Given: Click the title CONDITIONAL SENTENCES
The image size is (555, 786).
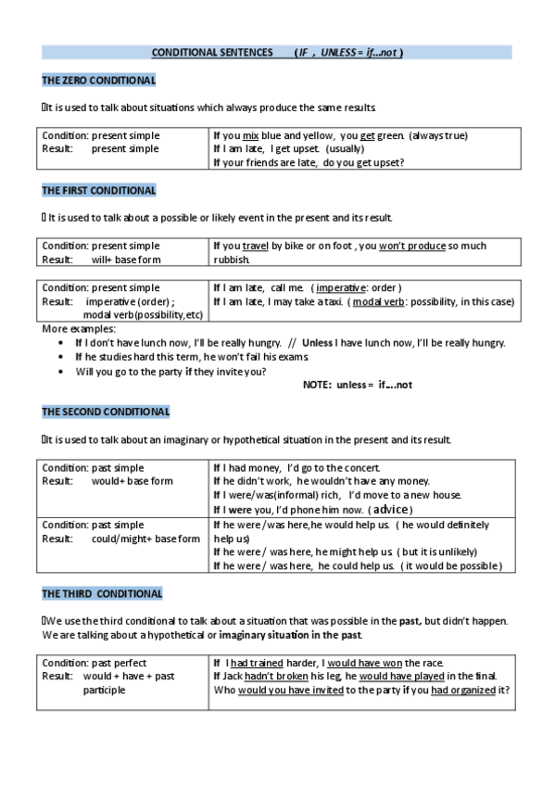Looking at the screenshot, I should (x=212, y=53).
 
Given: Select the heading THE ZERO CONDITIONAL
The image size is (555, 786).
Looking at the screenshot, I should (x=98, y=81).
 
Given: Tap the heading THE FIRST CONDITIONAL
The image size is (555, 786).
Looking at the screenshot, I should (x=99, y=191).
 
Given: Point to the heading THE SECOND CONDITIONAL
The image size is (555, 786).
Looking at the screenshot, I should (x=106, y=412).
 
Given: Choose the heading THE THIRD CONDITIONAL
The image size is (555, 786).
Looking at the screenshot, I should (x=102, y=593).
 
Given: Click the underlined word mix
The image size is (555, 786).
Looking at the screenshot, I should (x=250, y=135).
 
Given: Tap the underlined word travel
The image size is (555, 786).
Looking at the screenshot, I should (x=255, y=246).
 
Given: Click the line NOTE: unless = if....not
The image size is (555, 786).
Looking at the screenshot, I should (x=357, y=385).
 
